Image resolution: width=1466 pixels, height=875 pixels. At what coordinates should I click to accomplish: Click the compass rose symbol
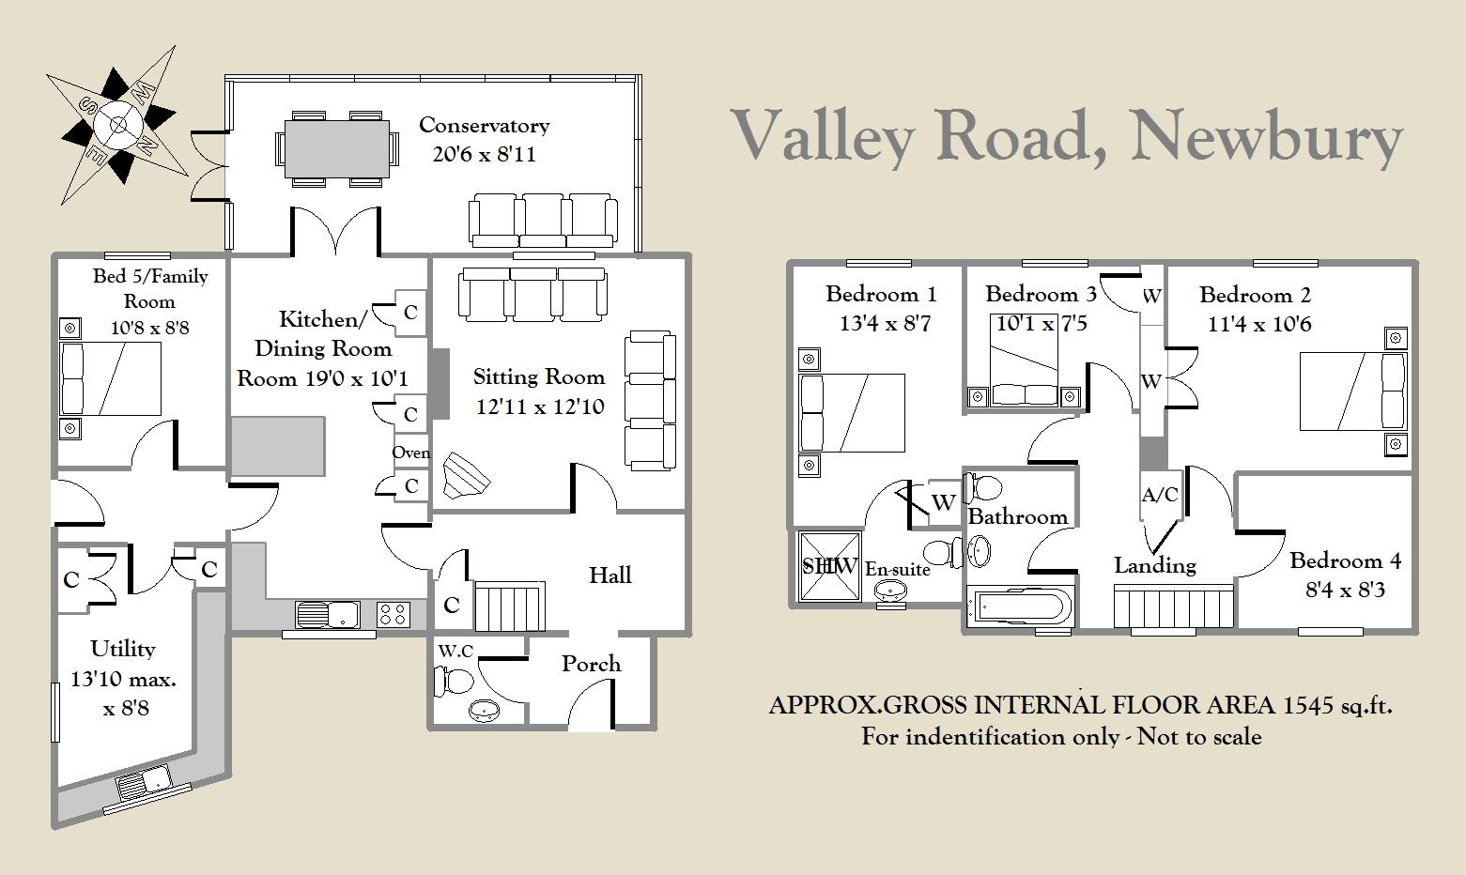pos(117,125)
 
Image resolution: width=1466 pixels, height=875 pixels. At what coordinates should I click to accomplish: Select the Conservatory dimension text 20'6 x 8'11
pos(485,155)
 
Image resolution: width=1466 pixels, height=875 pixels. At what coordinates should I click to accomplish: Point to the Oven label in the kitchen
pos(411,453)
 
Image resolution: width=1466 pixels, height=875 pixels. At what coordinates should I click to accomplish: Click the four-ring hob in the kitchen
pos(394,615)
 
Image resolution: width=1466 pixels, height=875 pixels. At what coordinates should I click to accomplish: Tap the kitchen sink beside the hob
pos(327,615)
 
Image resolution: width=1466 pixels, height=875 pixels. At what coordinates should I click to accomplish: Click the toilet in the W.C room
pos(453,682)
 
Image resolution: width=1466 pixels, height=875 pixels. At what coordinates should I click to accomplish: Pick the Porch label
pos(591,665)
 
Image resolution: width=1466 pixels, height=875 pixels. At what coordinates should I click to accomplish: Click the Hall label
pos(610,576)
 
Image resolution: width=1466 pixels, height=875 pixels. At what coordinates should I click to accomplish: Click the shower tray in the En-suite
pos(830,566)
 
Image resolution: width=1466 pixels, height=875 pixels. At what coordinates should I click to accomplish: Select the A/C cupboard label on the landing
pos(1160,495)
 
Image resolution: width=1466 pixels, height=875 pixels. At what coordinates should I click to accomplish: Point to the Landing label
pos(1155,565)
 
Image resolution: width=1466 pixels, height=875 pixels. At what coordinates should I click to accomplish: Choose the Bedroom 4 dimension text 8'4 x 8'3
pos(1345,590)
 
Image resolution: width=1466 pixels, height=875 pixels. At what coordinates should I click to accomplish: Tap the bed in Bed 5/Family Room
pos(110,379)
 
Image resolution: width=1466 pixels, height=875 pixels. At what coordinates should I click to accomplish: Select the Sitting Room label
pos(539,377)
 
